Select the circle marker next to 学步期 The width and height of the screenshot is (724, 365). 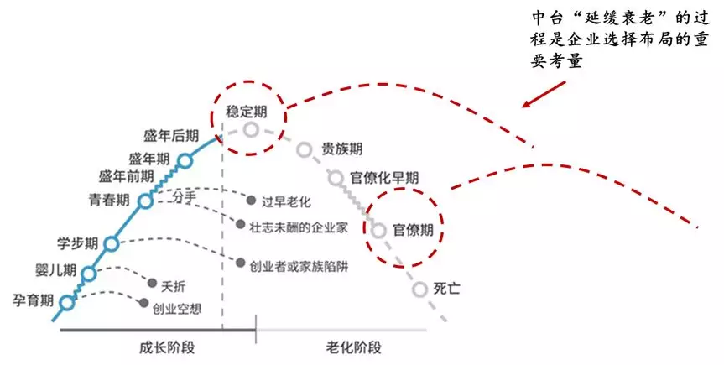pyautogui.click(x=112, y=243)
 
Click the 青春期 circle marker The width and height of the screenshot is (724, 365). pyautogui.click(x=145, y=201)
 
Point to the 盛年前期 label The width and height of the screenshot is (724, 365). pyautogui.click(x=127, y=176)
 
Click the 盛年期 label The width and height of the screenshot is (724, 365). pyautogui.click(x=149, y=158)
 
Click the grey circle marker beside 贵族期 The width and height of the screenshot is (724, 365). pyautogui.click(x=305, y=150)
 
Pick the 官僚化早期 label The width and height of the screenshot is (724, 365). pyautogui.click(x=384, y=178)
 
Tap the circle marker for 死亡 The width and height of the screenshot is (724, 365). pyautogui.click(x=420, y=289)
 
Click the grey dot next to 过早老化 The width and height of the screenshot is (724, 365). pyautogui.click(x=250, y=200)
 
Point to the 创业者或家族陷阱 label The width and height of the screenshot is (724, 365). pyautogui.click(x=298, y=265)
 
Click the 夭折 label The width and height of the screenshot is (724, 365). pyautogui.click(x=173, y=284)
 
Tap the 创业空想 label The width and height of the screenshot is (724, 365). pyautogui.click(x=177, y=308)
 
